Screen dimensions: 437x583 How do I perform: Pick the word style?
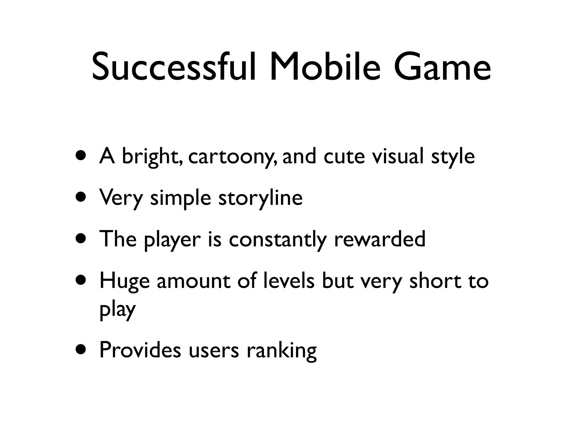click(453, 157)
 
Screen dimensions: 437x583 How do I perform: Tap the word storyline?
click(260, 198)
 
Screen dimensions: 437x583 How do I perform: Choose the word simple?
click(180, 198)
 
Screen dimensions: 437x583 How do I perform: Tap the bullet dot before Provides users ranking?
click(81, 350)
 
